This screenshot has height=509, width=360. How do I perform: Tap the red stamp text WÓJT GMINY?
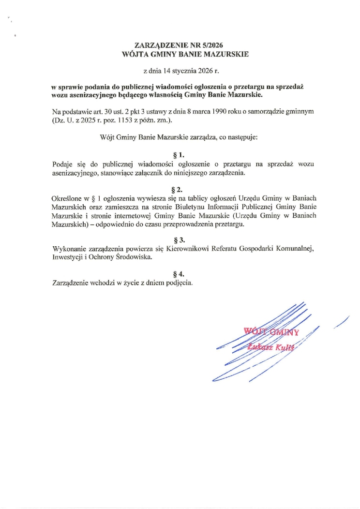[x=272, y=332]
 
